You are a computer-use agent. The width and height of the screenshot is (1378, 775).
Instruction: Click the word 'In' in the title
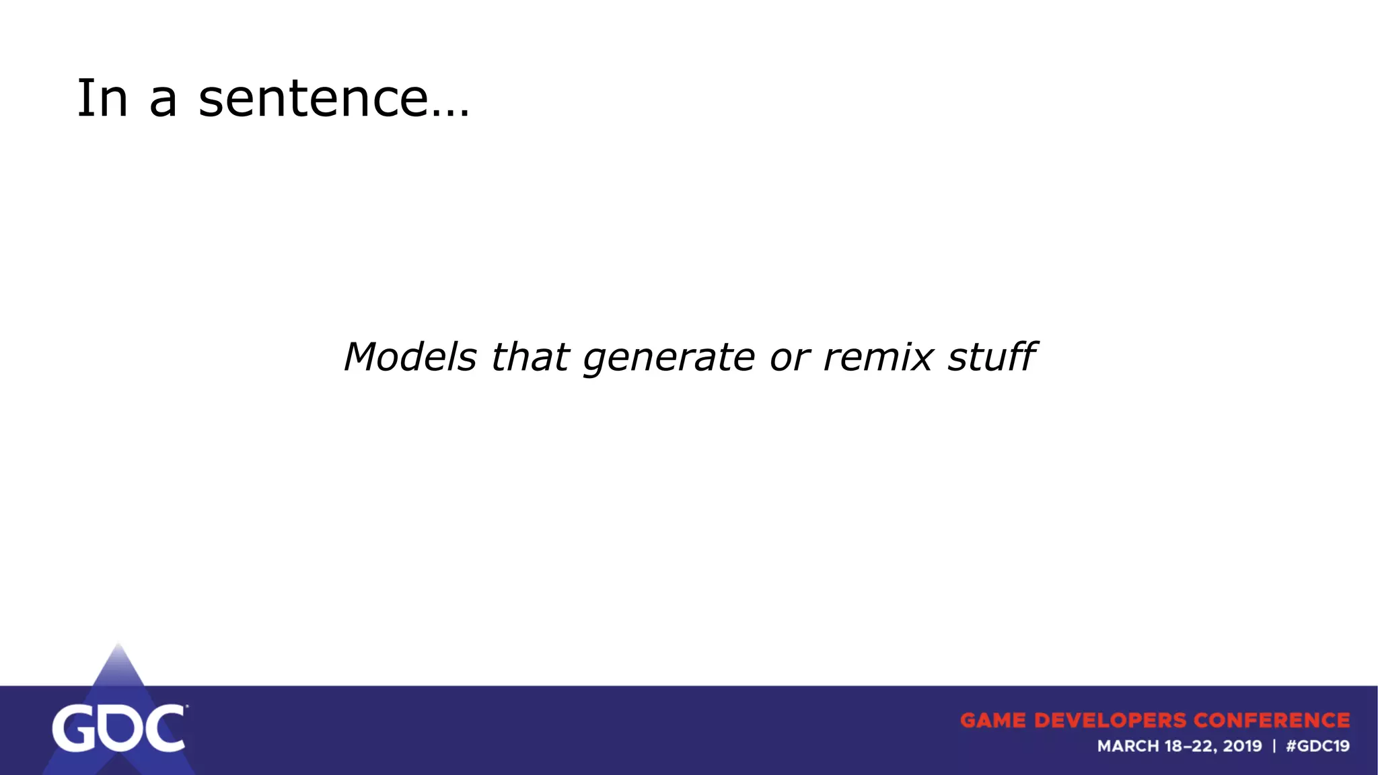(102, 99)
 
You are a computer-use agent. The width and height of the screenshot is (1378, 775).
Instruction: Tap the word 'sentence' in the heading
(313, 99)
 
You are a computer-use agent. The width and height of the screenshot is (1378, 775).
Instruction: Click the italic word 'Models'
(410, 357)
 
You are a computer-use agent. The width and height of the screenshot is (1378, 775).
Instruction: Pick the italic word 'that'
(530, 357)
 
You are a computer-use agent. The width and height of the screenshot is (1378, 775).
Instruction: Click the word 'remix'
(878, 357)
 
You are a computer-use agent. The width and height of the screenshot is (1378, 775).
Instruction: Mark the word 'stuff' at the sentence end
(992, 357)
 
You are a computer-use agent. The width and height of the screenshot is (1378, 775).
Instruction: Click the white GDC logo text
(118, 729)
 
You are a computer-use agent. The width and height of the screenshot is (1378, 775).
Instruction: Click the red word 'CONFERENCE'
(1272, 721)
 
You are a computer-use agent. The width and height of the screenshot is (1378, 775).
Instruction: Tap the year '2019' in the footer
(1242, 746)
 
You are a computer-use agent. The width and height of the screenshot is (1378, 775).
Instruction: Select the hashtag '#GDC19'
(1317, 746)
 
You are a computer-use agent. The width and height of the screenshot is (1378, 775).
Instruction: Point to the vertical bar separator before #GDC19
(1274, 746)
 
